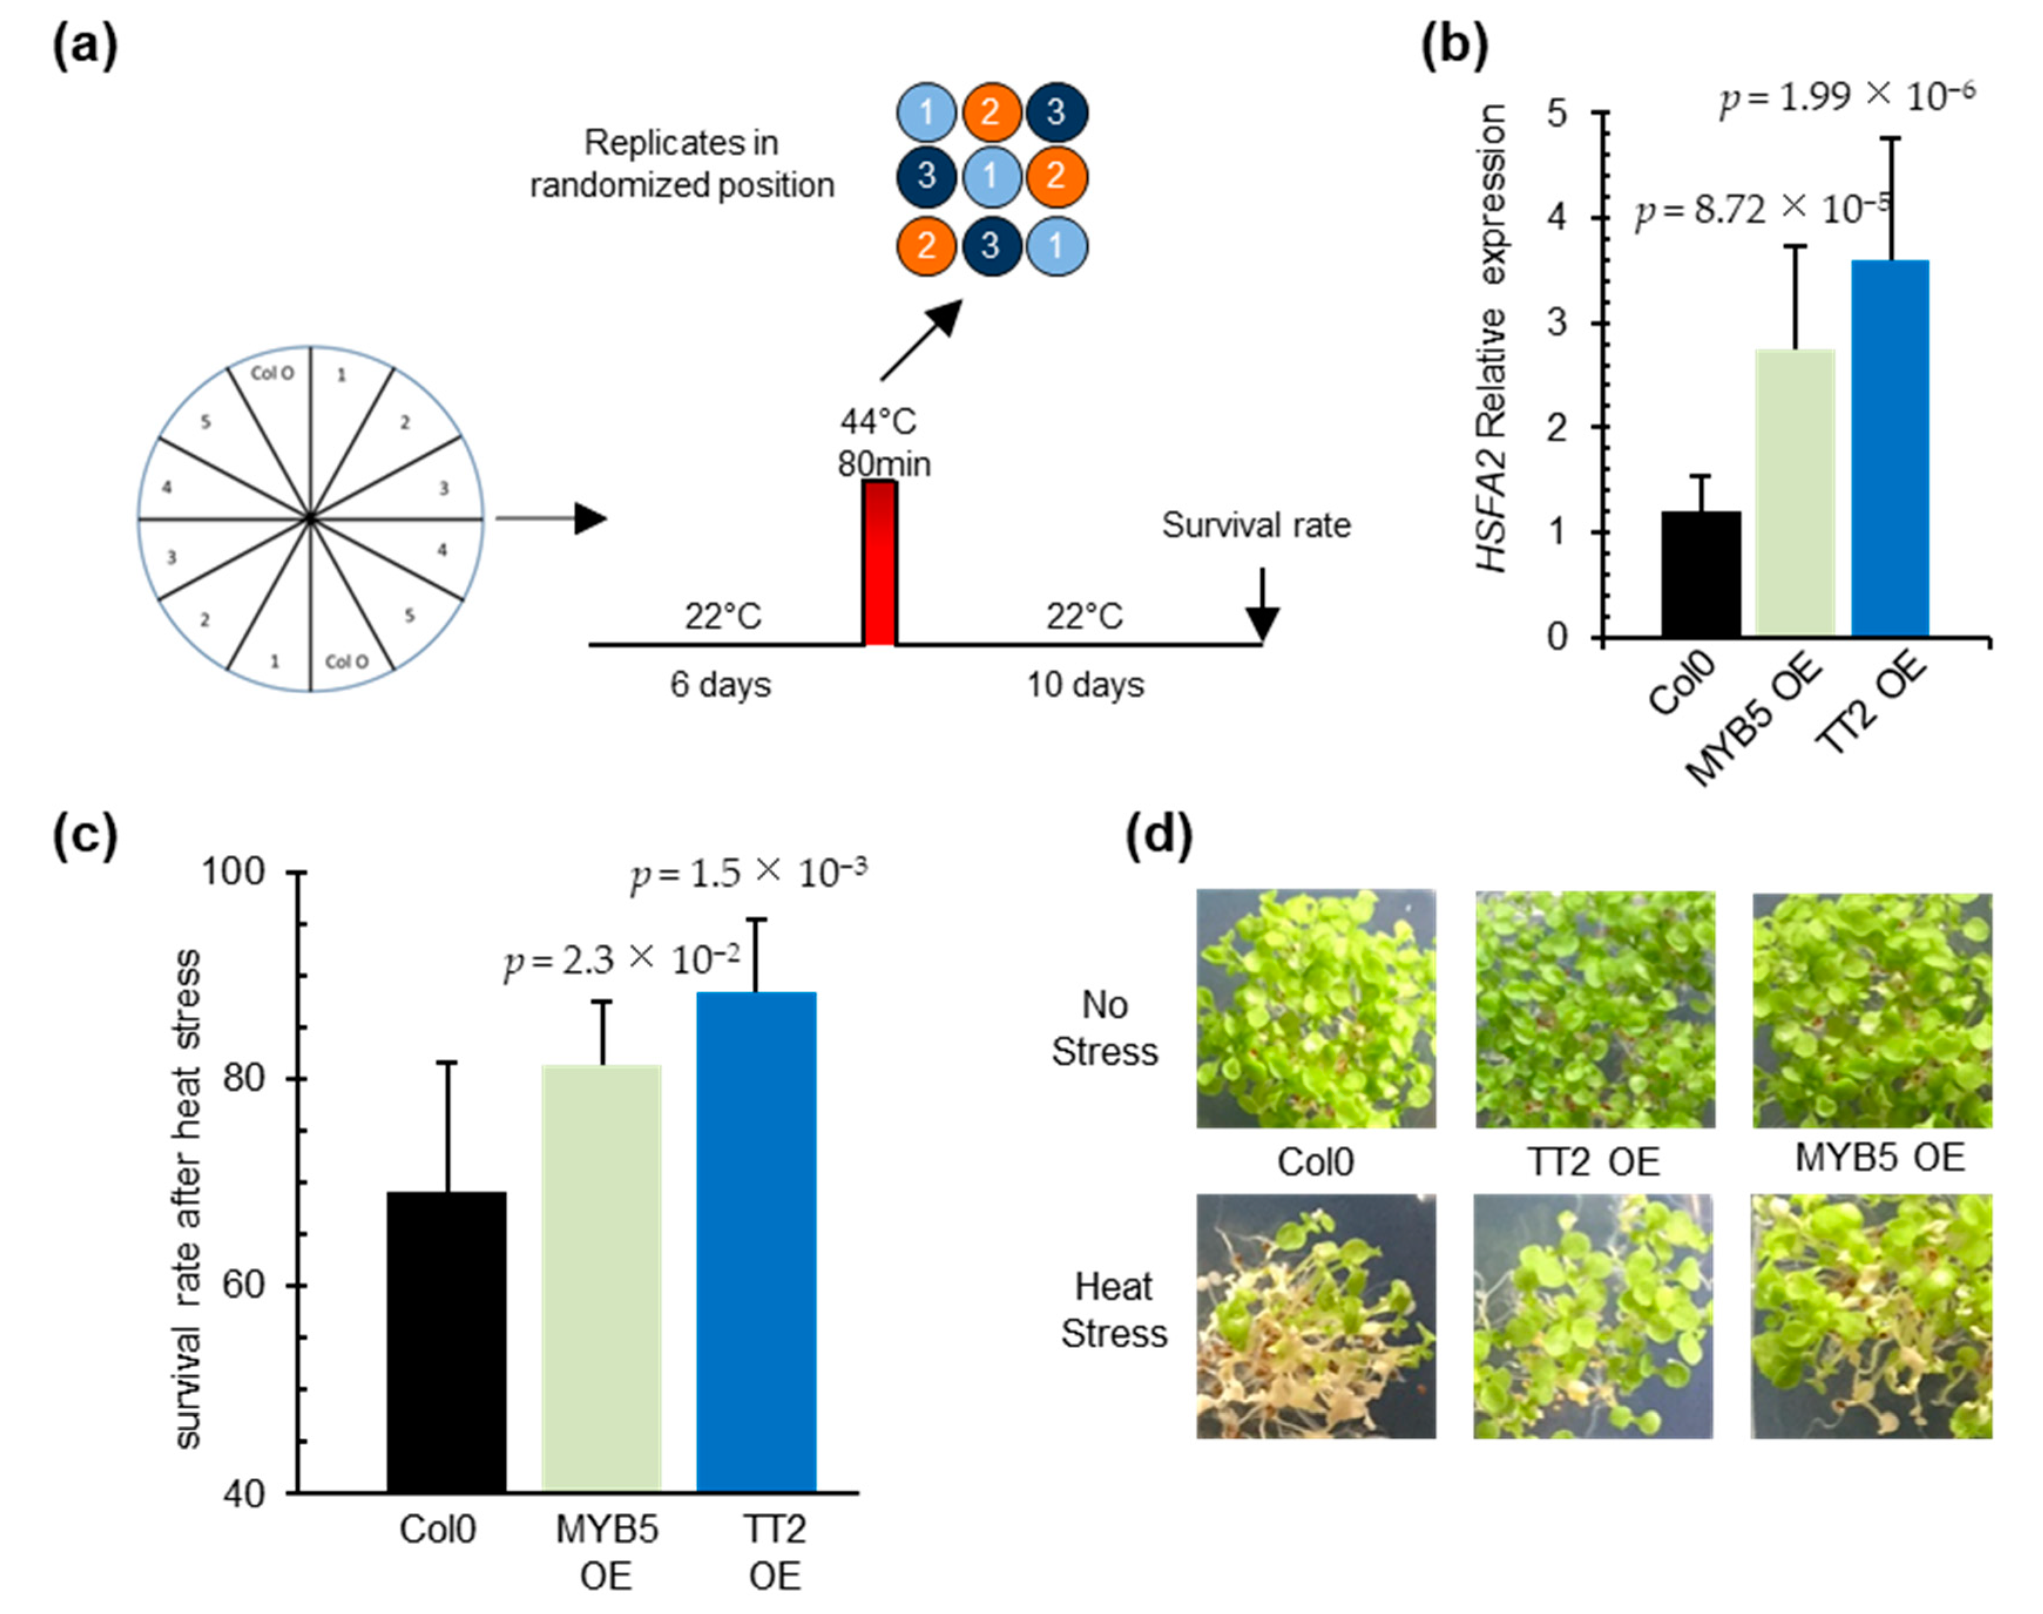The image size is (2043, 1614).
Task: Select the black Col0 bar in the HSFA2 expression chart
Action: click(1701, 574)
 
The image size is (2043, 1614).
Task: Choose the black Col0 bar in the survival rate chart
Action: click(447, 1342)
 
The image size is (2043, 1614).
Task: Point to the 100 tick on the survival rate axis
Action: click(234, 872)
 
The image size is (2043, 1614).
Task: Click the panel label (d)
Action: click(1159, 835)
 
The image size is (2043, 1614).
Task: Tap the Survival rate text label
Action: click(1256, 526)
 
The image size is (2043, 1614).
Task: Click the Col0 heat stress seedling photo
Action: click(1315, 1317)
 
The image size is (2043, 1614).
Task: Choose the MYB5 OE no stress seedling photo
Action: click(1872, 1010)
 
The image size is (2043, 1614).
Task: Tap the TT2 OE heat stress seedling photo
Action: click(1593, 1317)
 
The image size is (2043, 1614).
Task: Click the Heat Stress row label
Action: click(1113, 1310)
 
